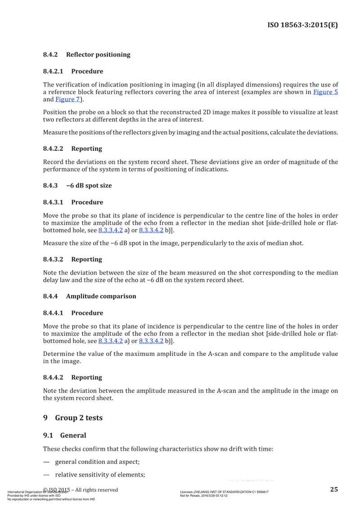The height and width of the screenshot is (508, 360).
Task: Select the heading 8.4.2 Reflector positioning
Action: [86, 55]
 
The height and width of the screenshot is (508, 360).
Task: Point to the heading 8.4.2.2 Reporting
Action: [72, 148]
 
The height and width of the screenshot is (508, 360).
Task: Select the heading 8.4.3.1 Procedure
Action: [73, 202]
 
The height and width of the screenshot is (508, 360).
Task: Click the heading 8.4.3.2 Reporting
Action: [72, 259]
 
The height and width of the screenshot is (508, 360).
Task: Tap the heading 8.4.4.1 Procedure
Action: [73, 312]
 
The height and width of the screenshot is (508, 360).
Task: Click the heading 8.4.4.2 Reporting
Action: [72, 377]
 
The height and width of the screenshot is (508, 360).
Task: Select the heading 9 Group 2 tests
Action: [72, 418]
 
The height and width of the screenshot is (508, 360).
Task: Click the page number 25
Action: [333, 490]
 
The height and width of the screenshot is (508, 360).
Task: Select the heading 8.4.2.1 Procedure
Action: [73, 71]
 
